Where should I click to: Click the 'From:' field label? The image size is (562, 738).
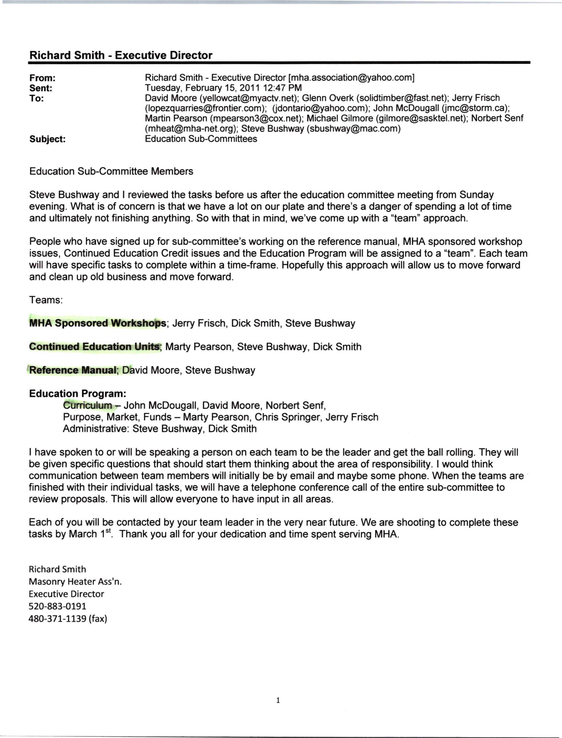[x=42, y=78]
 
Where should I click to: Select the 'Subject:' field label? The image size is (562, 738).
[x=47, y=139]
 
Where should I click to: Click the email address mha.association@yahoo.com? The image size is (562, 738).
[x=351, y=78]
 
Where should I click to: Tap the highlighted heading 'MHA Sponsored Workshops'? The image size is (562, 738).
[x=97, y=324]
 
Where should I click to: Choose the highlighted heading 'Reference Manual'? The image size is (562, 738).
[x=73, y=370]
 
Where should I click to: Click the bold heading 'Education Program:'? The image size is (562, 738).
[x=78, y=394]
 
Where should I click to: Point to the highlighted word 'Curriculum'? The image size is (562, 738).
[x=88, y=406]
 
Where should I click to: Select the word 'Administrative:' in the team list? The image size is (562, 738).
[x=96, y=429]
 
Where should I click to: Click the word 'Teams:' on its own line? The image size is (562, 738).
[x=46, y=300]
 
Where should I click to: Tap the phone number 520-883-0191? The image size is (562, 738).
[x=58, y=606]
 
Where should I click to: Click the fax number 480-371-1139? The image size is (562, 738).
[x=58, y=619]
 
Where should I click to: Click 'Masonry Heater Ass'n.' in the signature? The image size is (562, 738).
[x=75, y=582]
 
